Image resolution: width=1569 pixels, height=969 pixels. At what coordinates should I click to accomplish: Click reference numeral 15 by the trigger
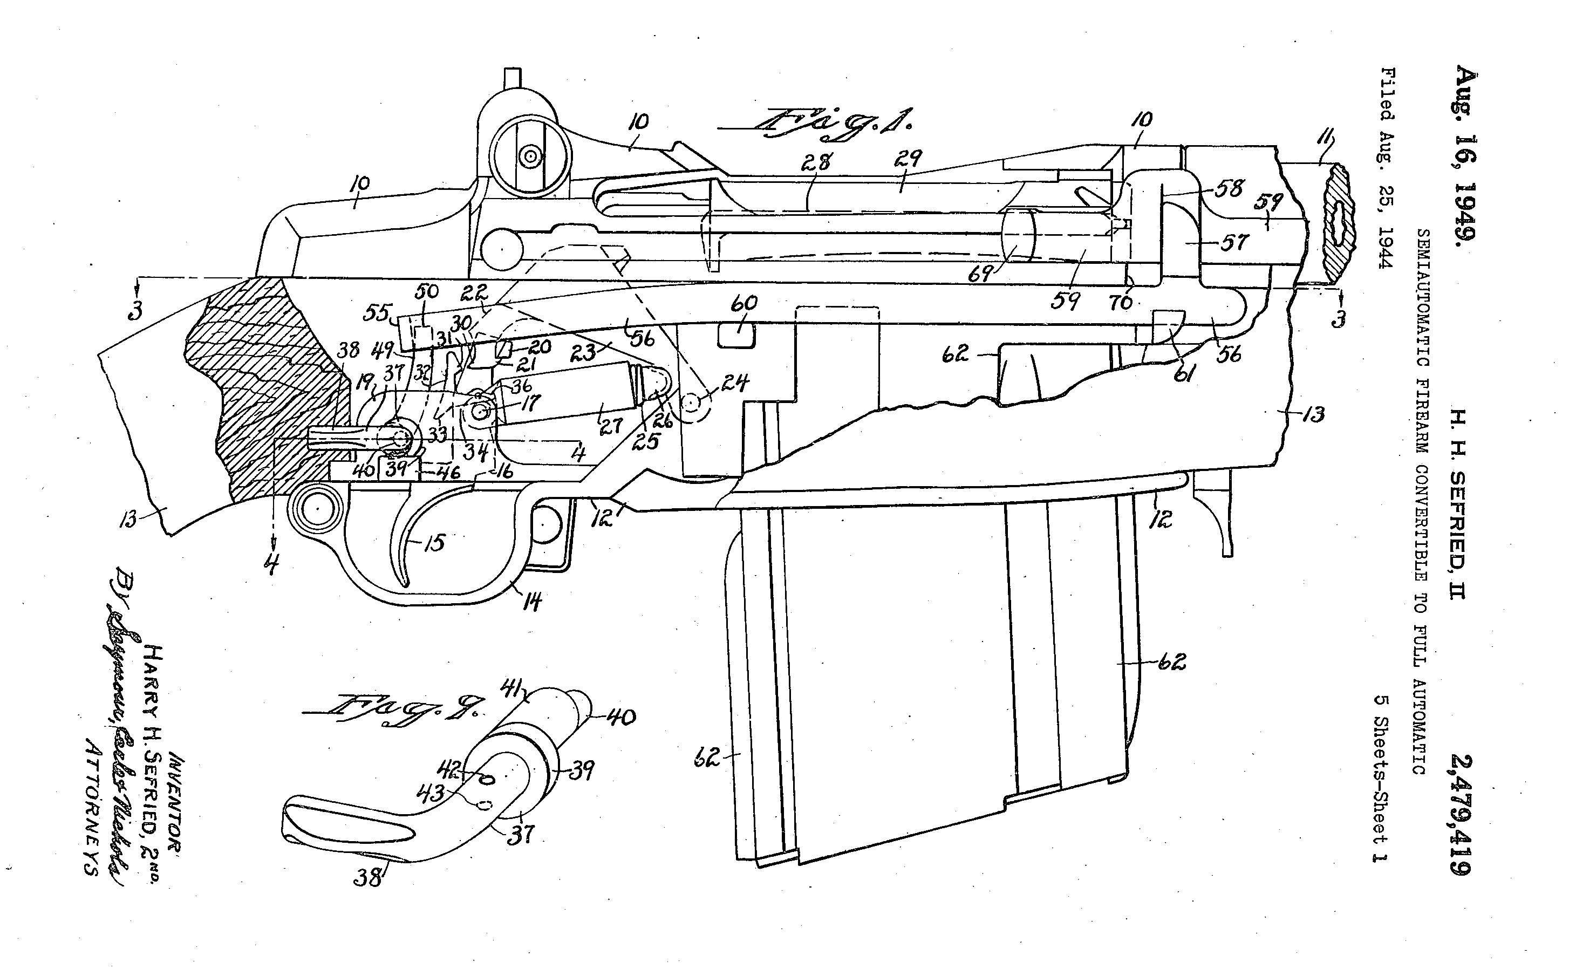(434, 543)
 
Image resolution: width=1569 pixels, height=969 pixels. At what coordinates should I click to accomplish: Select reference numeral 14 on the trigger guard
(532, 601)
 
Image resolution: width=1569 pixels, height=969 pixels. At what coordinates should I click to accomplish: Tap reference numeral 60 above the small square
(743, 303)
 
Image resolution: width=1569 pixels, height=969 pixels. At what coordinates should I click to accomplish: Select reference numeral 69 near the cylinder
(980, 274)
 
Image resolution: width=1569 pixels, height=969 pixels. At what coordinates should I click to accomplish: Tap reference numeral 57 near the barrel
(1233, 242)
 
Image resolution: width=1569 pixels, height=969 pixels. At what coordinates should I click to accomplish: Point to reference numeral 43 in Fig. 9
(429, 794)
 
